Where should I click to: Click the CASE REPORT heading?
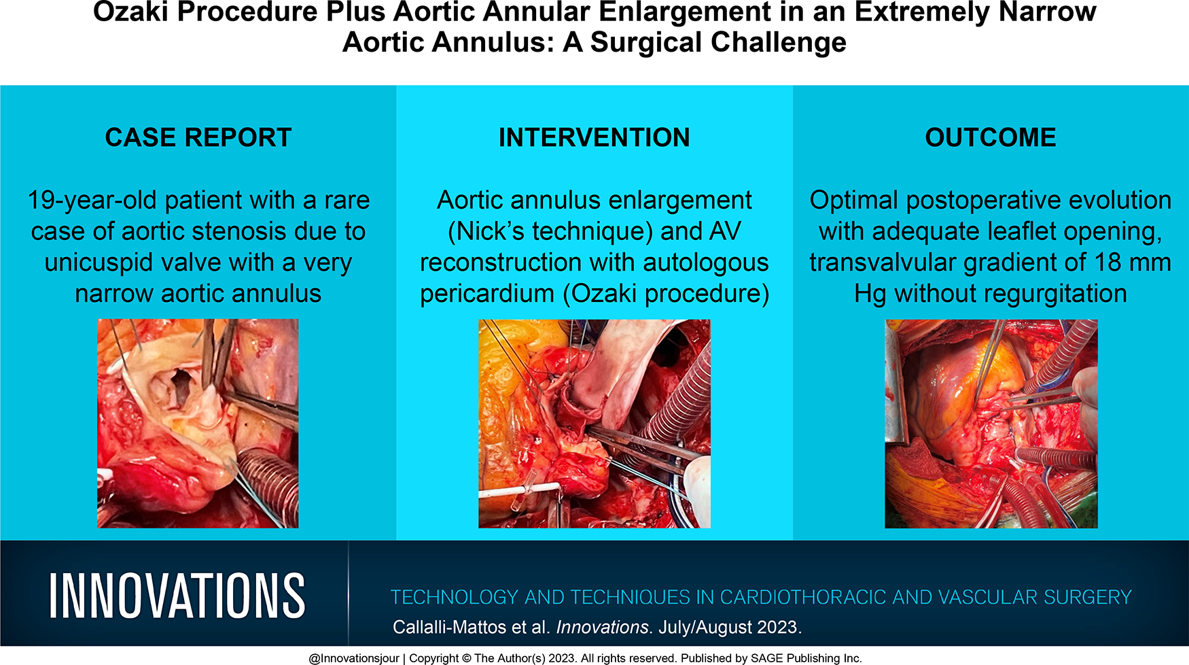pyautogui.click(x=198, y=137)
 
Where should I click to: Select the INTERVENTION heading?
pyautogui.click(x=594, y=137)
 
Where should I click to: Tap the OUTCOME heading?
pyautogui.click(x=991, y=137)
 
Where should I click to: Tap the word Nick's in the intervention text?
pyautogui.click(x=490, y=231)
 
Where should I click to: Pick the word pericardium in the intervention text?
pyautogui.click(x=487, y=294)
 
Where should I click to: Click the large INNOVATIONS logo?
pyautogui.click(x=177, y=596)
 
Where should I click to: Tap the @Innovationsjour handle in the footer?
pyautogui.click(x=354, y=658)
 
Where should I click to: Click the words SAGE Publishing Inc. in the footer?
pyautogui.click(x=805, y=658)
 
